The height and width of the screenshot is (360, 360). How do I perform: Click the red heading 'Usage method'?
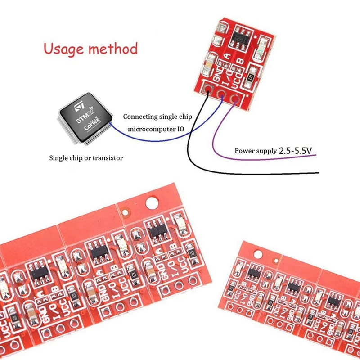[x=90, y=48]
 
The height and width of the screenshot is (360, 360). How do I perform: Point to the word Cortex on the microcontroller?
[x=93, y=127]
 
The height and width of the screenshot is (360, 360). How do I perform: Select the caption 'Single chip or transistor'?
[x=85, y=158]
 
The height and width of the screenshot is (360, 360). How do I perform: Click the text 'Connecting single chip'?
[x=157, y=117]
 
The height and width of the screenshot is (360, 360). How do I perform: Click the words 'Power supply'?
[x=255, y=151]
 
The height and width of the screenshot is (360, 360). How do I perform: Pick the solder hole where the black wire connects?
[x=208, y=89]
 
